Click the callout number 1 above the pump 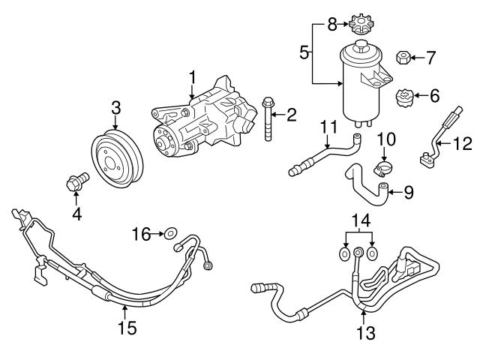click(x=192, y=76)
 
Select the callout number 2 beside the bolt click(x=292, y=115)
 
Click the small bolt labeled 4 click(x=76, y=181)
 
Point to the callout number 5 click(x=304, y=52)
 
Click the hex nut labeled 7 click(x=401, y=58)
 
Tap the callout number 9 click(x=408, y=192)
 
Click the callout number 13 click(x=365, y=332)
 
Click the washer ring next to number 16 click(x=171, y=234)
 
